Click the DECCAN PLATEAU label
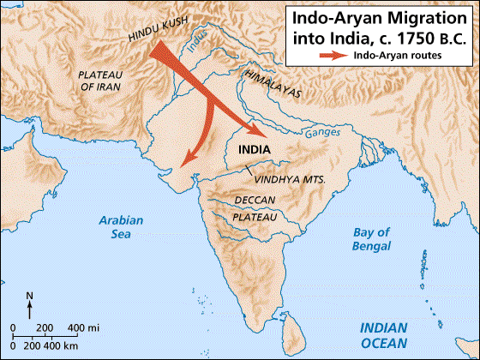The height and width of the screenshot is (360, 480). point(255,209)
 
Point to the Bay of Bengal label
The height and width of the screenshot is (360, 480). point(372,239)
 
